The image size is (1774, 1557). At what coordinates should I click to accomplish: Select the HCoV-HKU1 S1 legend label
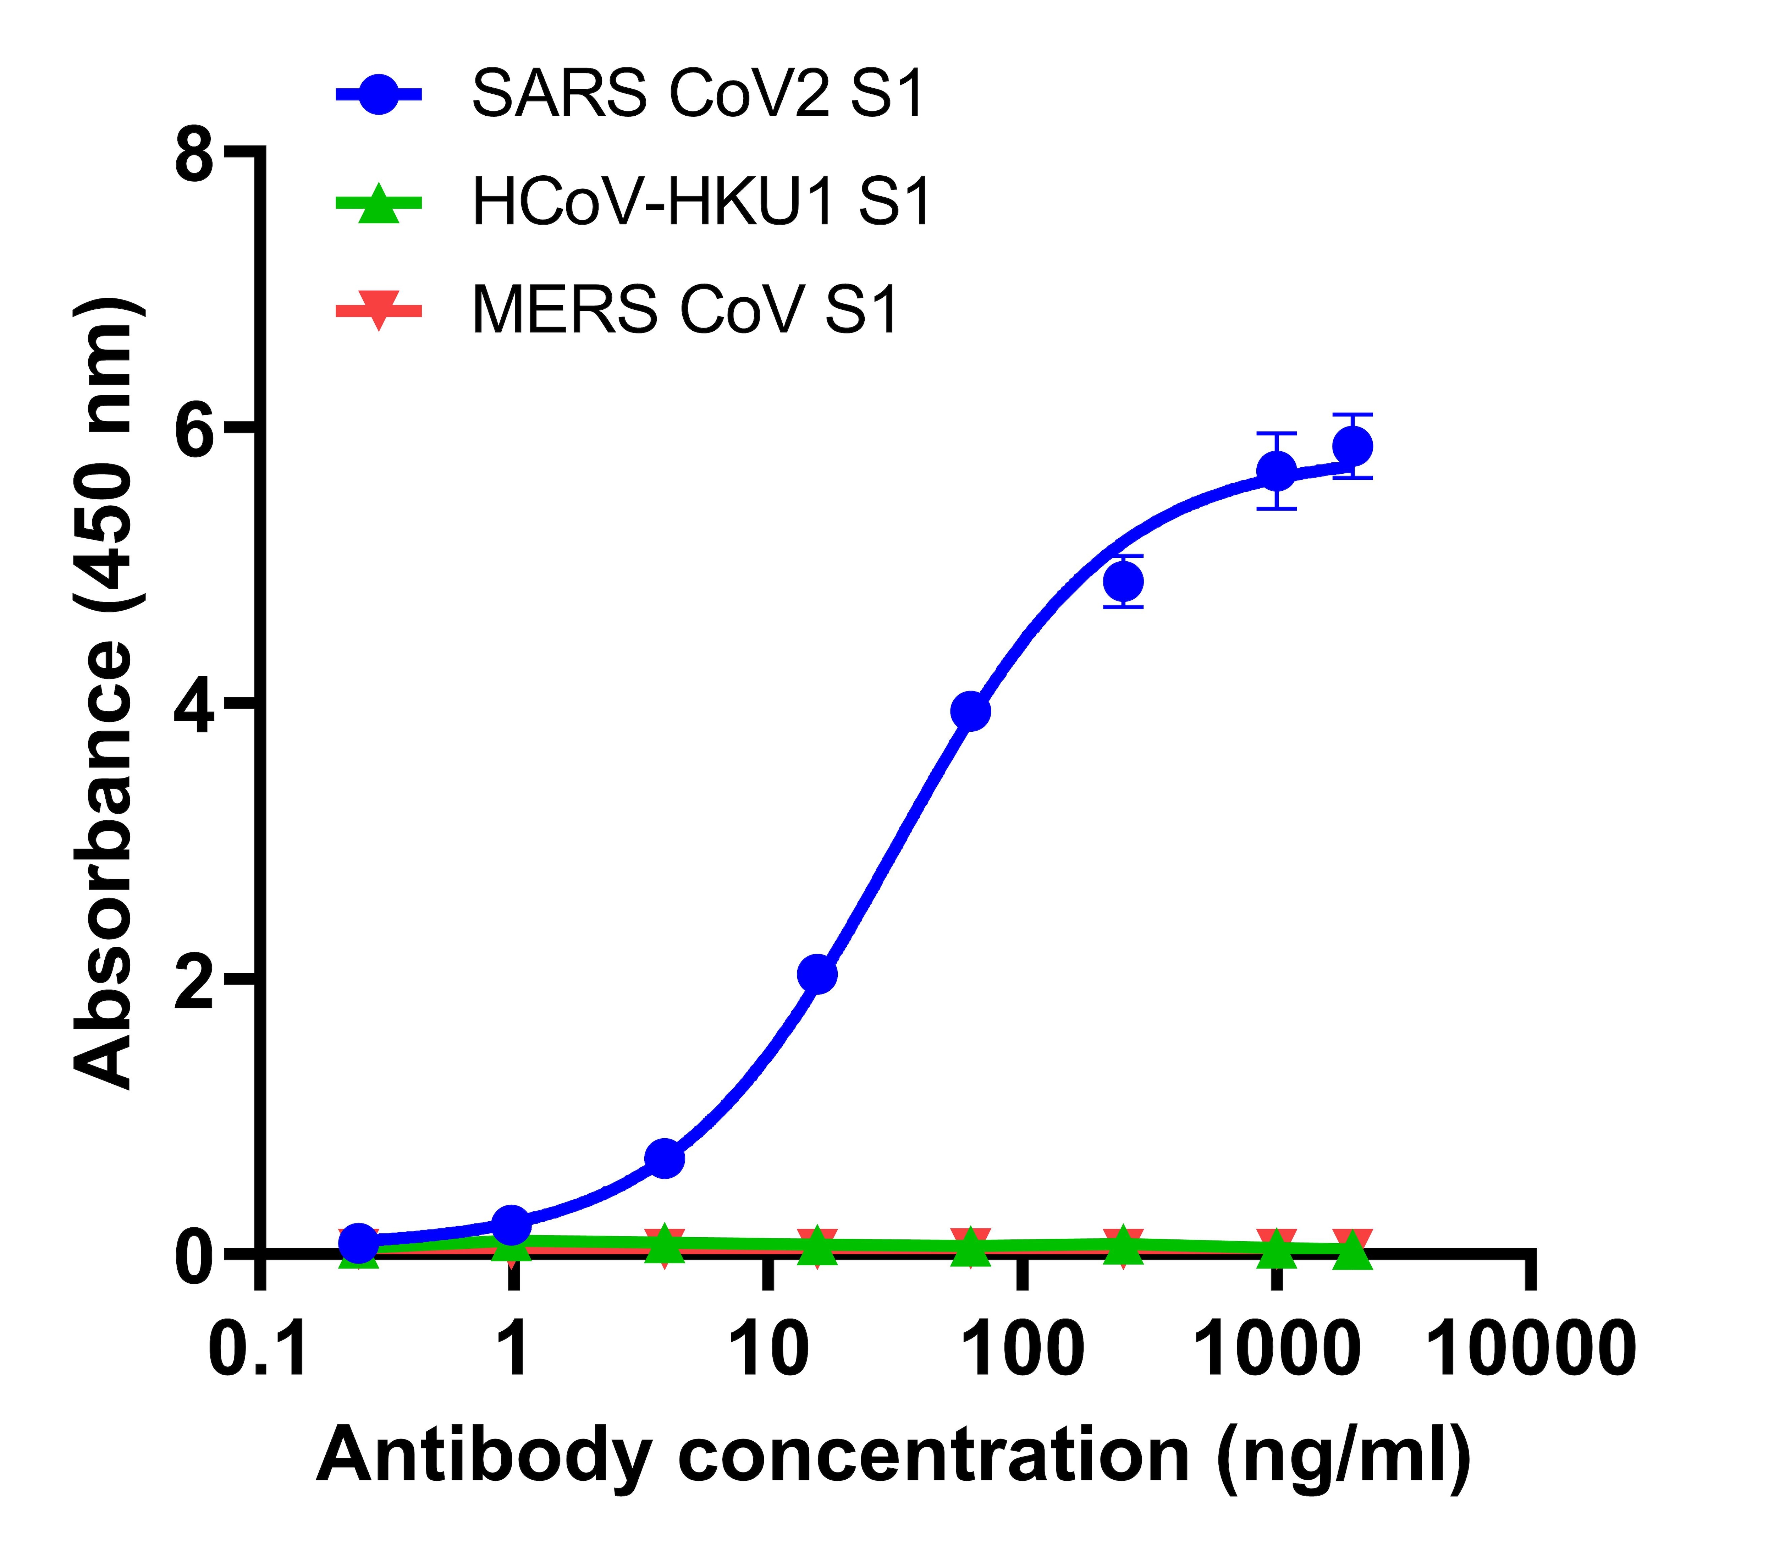701,202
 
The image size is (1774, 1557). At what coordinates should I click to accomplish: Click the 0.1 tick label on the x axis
259,1349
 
